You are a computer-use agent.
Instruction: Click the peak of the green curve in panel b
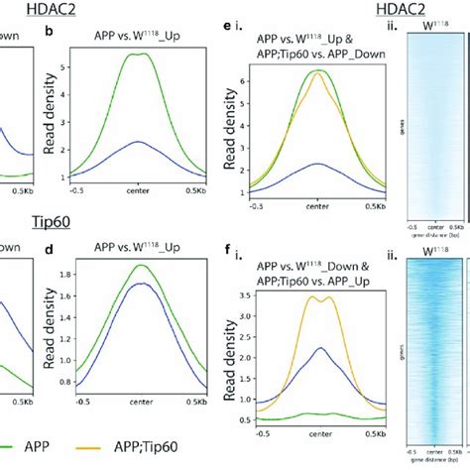click(131, 56)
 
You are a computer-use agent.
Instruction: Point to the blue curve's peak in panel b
click(131, 142)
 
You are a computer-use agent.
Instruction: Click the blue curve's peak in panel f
click(320, 348)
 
